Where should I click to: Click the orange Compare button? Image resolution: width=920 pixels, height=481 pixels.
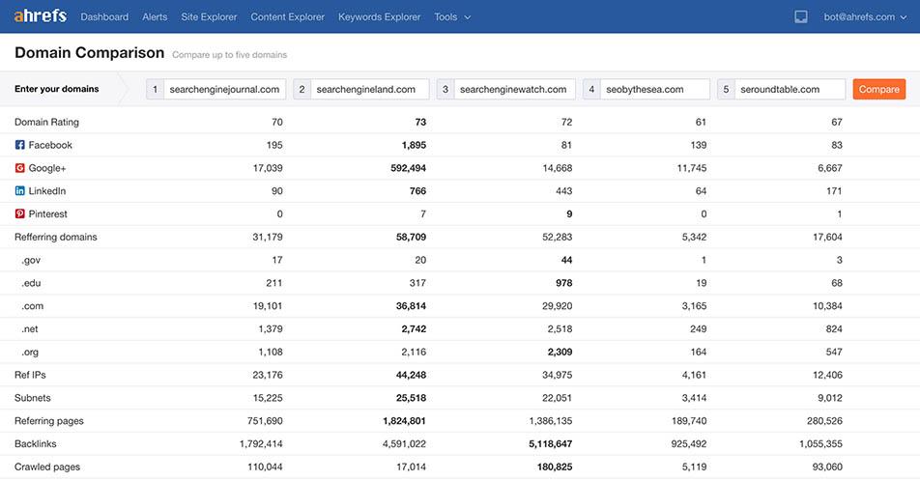pyautogui.click(x=878, y=89)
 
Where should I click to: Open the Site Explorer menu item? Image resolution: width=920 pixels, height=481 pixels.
pyautogui.click(x=209, y=17)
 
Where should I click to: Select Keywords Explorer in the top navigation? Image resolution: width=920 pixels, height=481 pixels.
pyautogui.click(x=380, y=17)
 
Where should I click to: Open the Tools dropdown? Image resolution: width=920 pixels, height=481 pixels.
pyautogui.click(x=452, y=17)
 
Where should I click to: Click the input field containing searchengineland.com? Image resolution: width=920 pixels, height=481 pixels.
pyautogui.click(x=370, y=89)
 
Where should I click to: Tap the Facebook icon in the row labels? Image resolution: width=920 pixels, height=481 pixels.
pyautogui.click(x=19, y=145)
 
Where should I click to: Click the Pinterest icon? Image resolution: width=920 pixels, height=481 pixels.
pyautogui.click(x=19, y=213)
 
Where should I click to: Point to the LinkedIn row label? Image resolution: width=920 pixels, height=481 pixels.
pyautogui.click(x=46, y=191)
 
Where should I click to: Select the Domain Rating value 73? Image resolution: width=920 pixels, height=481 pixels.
pyautogui.click(x=419, y=122)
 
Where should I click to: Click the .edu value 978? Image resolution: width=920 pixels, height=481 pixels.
pyautogui.click(x=562, y=283)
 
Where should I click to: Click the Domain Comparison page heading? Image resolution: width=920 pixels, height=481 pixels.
pyautogui.click(x=89, y=52)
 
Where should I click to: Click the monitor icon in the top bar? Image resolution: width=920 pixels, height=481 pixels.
pyautogui.click(x=800, y=17)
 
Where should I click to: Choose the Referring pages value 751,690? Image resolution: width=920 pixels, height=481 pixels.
pyautogui.click(x=262, y=421)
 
